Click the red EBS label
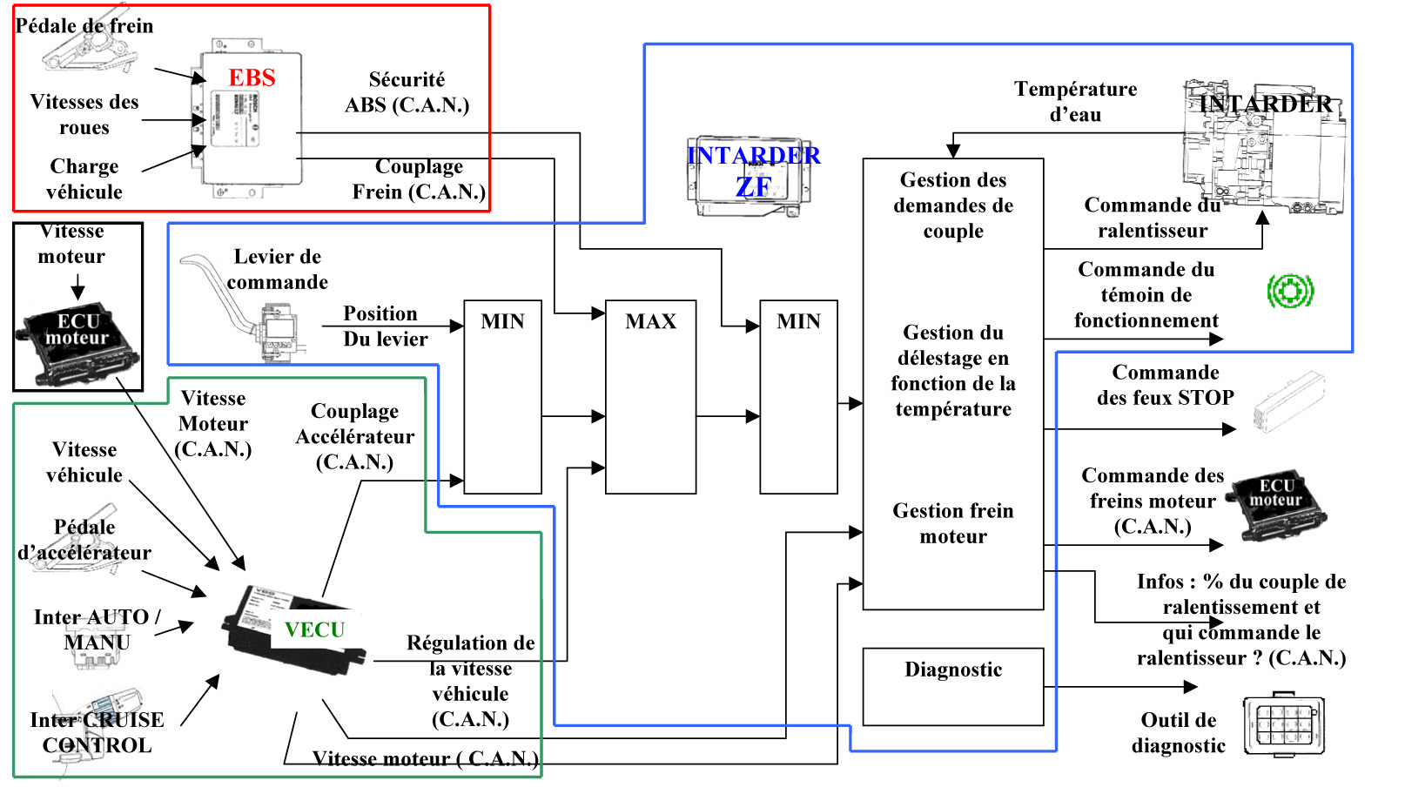(252, 78)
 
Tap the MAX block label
(650, 322)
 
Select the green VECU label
(314, 629)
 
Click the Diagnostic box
(952, 686)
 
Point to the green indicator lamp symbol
(1290, 291)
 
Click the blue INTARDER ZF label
(753, 171)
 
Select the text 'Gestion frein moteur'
(953, 523)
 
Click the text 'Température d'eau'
(1075, 102)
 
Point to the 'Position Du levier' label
(384, 326)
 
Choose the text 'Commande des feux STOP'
(1165, 385)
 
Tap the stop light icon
(1289, 401)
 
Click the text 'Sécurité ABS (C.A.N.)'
(407, 92)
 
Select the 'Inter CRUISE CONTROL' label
(97, 732)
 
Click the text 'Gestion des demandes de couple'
(953, 205)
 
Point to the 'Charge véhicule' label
(84, 178)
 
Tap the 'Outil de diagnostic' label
(1178, 733)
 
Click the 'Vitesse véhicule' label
(84, 462)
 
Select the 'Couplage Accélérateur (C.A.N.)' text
(354, 436)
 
